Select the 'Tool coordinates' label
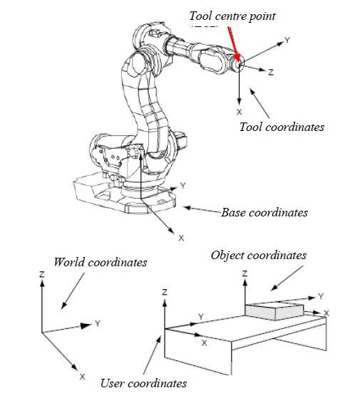(282, 127)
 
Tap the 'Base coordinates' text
(264, 212)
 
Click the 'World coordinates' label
(100, 262)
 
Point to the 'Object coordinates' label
(259, 255)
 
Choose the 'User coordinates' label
(143, 383)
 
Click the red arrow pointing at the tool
(233, 41)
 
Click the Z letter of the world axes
(43, 274)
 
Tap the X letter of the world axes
(83, 376)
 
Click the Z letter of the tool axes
(271, 72)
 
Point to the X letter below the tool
(239, 112)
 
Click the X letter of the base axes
(180, 237)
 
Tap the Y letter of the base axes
(183, 185)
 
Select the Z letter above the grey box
(245, 273)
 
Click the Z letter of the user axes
(165, 292)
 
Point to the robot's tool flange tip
(239, 63)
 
